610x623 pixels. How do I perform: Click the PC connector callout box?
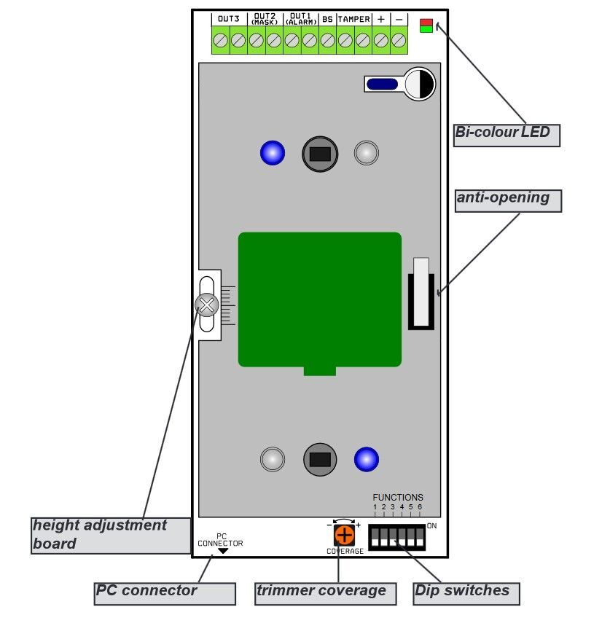(x=165, y=593)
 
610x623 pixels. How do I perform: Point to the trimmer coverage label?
(x=325, y=593)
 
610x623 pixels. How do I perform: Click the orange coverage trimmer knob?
(x=344, y=536)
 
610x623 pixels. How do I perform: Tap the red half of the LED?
(x=426, y=22)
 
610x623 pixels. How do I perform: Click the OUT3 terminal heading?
(x=229, y=19)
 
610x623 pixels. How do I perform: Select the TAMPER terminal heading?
(x=353, y=19)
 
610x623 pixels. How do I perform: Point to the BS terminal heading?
(x=327, y=19)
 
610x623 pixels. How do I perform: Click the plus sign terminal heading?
(x=380, y=19)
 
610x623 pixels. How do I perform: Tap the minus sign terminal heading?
(x=399, y=19)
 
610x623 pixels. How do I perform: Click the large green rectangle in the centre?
(x=319, y=299)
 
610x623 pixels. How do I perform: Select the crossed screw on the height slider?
(x=207, y=305)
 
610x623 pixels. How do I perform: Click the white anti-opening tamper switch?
(x=421, y=291)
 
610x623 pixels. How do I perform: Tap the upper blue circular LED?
(x=273, y=153)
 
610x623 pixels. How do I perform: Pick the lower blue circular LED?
(x=367, y=459)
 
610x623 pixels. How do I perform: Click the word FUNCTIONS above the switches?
(x=397, y=498)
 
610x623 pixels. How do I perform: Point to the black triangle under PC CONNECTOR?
(x=222, y=552)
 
